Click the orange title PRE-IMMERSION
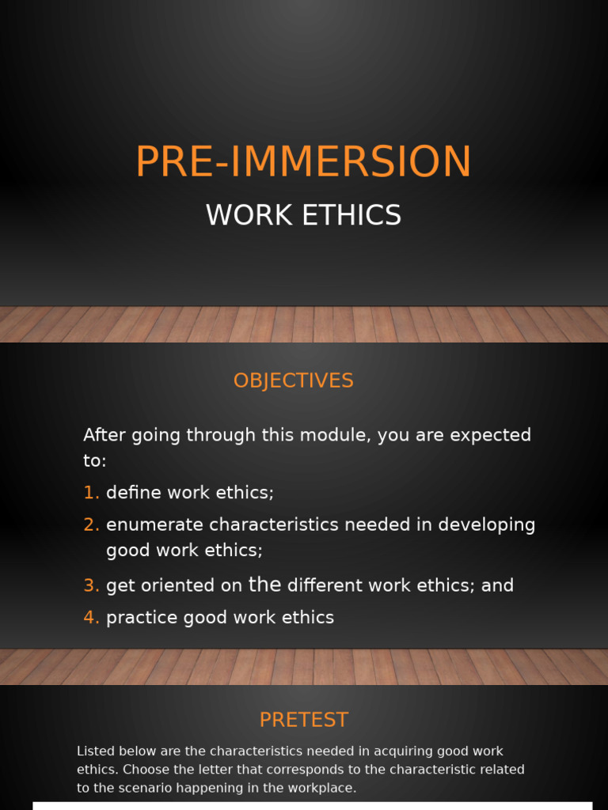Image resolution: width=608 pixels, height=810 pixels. click(x=303, y=161)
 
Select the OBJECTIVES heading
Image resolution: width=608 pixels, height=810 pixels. click(x=293, y=380)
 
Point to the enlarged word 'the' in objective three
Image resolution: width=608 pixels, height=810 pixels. click(x=264, y=585)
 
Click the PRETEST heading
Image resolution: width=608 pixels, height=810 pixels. click(x=303, y=720)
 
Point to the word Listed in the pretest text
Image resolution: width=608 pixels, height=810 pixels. click(x=95, y=751)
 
